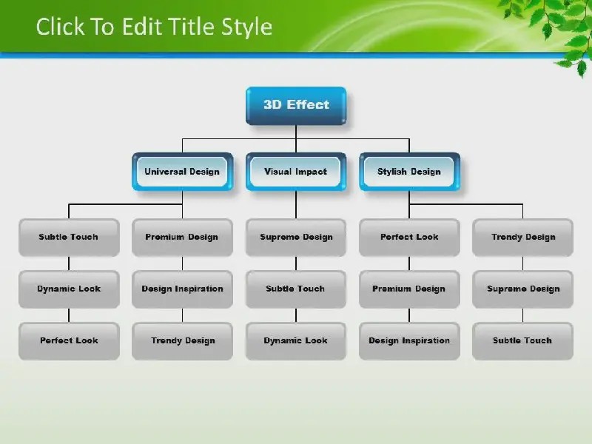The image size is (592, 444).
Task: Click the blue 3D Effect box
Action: (296, 106)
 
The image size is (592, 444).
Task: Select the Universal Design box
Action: (182, 172)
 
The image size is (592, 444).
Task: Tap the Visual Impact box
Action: (296, 172)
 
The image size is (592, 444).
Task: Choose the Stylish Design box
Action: (410, 172)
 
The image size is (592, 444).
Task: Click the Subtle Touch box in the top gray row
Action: (69, 238)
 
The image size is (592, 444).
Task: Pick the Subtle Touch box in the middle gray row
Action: (296, 289)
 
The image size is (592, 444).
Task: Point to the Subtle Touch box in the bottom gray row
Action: (523, 341)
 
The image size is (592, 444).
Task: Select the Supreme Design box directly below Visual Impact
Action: (296, 238)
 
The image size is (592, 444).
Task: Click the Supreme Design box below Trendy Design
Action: (523, 289)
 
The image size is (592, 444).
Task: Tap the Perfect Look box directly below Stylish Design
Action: (410, 238)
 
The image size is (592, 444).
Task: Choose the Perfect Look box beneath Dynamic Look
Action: (69, 341)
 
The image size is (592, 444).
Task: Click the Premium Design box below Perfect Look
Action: (410, 289)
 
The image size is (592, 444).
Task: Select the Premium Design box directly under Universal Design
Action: (182, 238)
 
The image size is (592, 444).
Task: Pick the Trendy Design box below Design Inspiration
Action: (182, 341)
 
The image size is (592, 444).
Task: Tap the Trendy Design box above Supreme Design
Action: (523, 238)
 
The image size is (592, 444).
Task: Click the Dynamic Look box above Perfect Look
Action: (69, 289)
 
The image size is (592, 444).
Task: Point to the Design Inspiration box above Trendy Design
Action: (182, 289)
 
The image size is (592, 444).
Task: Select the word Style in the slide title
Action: (247, 28)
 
